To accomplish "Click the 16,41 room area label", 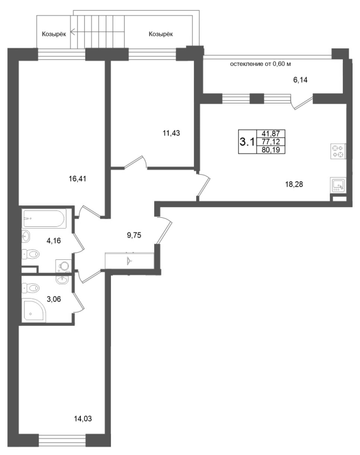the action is (x=77, y=179).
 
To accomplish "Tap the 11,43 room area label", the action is (x=171, y=133).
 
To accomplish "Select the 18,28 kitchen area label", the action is (x=294, y=184).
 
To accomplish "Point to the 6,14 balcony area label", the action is (x=300, y=80).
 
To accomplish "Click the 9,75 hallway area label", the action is (x=134, y=235).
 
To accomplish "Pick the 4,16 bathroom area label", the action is (x=53, y=241).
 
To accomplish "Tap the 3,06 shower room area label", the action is (x=53, y=299).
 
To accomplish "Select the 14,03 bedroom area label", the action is (x=83, y=419).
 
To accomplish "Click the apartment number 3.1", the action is (x=247, y=142).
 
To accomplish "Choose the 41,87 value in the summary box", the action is (x=271, y=134).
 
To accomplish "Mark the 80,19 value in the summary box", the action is (x=271, y=150).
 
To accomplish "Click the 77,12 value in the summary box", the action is (x=271, y=142).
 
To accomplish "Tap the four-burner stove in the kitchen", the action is (x=338, y=151).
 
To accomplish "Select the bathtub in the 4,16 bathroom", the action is (x=45, y=218).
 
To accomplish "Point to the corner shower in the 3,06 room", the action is (x=34, y=310).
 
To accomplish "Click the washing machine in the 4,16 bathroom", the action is (x=63, y=266).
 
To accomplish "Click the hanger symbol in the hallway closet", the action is (x=129, y=260).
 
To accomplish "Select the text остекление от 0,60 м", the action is (x=260, y=64).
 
